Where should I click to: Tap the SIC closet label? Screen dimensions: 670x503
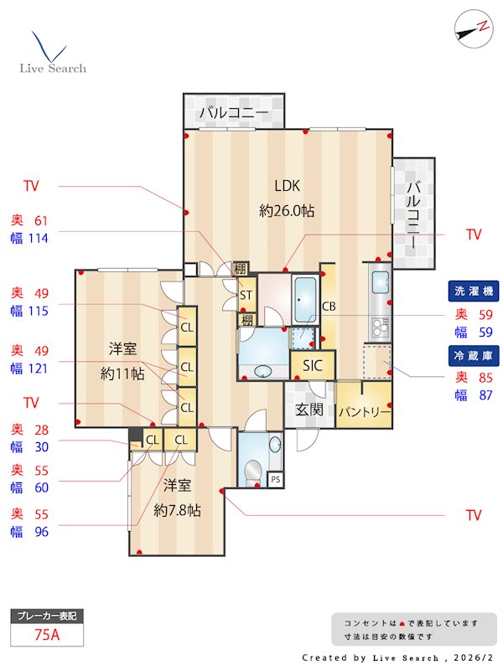(313, 365)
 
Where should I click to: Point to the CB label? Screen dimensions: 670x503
(329, 307)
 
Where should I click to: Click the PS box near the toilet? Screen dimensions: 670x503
(274, 480)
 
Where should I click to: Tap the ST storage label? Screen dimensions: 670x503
(246, 296)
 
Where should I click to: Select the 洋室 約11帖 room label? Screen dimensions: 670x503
(122, 361)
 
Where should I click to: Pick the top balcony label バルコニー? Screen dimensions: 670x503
(234, 111)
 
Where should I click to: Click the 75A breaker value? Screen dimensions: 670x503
(48, 634)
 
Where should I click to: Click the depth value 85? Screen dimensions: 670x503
(485, 379)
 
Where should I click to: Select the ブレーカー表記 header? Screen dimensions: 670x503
(48, 616)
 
